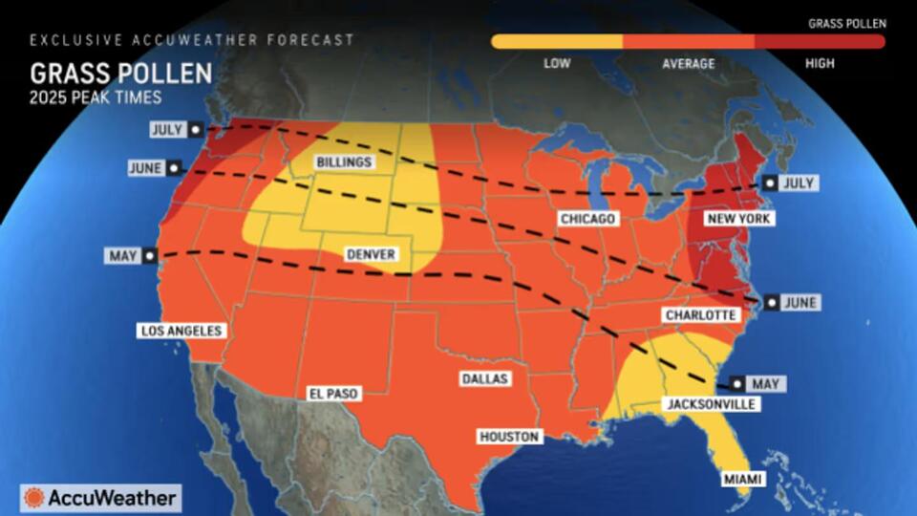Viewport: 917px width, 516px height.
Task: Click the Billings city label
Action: point(344,162)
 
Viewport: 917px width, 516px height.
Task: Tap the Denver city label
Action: point(370,254)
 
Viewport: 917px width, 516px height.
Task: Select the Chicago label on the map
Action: point(588,220)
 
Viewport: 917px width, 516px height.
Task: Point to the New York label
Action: point(738,219)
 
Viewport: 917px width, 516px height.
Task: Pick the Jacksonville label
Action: point(710,404)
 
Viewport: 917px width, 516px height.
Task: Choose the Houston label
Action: point(510,437)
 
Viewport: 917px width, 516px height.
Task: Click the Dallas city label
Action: point(484,378)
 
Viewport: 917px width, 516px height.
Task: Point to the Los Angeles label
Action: point(181,331)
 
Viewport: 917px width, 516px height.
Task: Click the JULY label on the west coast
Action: point(169,128)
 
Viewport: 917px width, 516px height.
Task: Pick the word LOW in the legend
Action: point(558,64)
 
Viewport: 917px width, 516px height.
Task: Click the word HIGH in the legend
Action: point(819,64)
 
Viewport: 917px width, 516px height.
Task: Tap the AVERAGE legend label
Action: point(688,64)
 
